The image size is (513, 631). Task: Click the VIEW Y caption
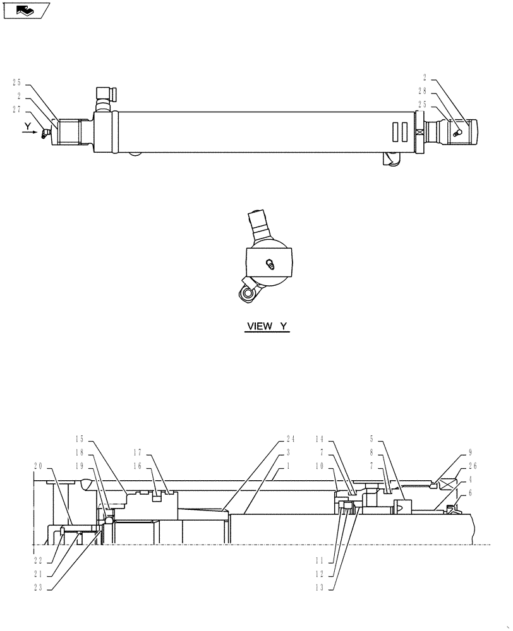pyautogui.click(x=267, y=326)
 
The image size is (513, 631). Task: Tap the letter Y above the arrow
pyautogui.click(x=28, y=127)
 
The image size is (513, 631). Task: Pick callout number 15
pyautogui.click(x=80, y=439)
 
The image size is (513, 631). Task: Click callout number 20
pyautogui.click(x=38, y=466)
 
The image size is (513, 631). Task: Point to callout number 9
pyautogui.click(x=470, y=452)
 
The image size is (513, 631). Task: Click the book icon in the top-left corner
pyautogui.click(x=26, y=10)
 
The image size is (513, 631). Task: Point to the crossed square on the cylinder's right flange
pyautogui.click(x=419, y=133)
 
